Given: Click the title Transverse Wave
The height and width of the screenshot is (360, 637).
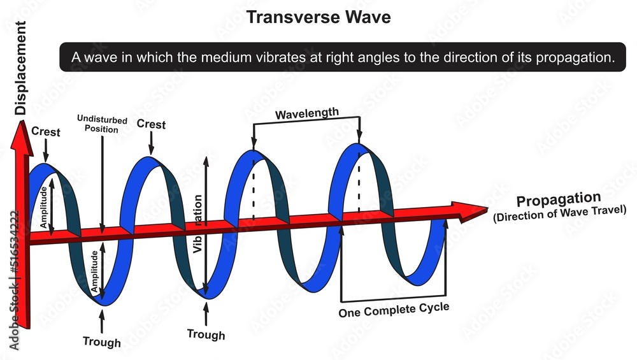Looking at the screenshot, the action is (318, 17).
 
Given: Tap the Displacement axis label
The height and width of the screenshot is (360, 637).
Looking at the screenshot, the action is (20, 68).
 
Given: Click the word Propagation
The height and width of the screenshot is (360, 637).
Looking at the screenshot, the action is (559, 199).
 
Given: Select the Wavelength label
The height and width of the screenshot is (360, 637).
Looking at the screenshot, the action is (307, 113).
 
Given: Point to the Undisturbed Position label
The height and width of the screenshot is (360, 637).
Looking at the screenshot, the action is (102, 124).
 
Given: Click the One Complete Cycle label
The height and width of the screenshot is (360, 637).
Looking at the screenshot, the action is (394, 310).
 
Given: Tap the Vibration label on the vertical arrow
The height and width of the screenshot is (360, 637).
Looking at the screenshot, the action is (198, 224).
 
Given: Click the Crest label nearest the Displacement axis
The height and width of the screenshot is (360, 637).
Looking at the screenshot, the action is (45, 132).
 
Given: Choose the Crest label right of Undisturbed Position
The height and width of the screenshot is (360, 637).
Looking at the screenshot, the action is (151, 124).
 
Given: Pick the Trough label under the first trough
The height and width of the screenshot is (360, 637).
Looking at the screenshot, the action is (101, 342).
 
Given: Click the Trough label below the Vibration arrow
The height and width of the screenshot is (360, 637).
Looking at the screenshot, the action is (206, 335).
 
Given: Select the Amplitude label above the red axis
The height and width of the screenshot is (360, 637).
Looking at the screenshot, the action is (43, 207).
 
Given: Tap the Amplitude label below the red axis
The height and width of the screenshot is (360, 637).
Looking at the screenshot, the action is (95, 271).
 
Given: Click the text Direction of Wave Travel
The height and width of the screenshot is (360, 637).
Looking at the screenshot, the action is (560, 213).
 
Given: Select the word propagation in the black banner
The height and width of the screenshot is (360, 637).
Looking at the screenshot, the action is (575, 58).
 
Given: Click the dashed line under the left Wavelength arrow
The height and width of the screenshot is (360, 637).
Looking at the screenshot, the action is (254, 189).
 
